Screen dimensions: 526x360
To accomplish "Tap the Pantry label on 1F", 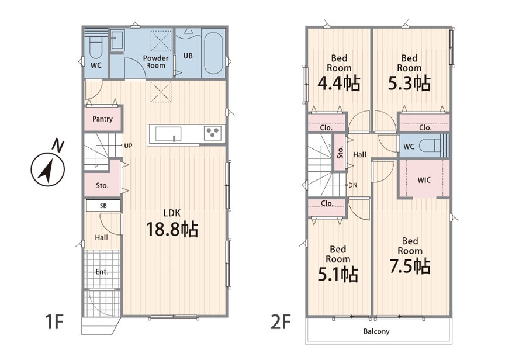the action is (102, 119).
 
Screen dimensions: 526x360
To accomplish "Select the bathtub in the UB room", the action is (213, 53).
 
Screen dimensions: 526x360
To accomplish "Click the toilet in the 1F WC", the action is (96, 47).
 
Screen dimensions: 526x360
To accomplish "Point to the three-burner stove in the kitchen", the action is (213, 133).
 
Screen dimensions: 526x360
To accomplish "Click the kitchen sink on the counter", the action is (168, 134).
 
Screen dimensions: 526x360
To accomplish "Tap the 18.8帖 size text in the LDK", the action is (172, 230).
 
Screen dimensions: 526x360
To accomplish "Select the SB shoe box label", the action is (103, 206).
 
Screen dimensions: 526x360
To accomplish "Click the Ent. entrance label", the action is (102, 272).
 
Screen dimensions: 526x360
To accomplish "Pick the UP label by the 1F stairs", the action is (128, 146).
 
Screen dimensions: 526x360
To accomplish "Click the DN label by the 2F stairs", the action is (352, 185).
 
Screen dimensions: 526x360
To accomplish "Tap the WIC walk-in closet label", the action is (424, 180).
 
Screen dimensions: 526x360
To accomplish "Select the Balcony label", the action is (376, 331).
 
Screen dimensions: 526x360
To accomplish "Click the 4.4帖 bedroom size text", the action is (339, 83).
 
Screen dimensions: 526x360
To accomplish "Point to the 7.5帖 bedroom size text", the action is (410, 266).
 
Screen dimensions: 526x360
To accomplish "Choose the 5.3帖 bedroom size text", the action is (409, 83).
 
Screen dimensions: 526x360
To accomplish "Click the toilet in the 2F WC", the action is (430, 146).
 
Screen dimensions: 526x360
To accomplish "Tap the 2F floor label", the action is (280, 322).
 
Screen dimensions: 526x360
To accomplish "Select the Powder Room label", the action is (155, 62).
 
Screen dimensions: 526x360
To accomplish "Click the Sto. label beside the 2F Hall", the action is (340, 152).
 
